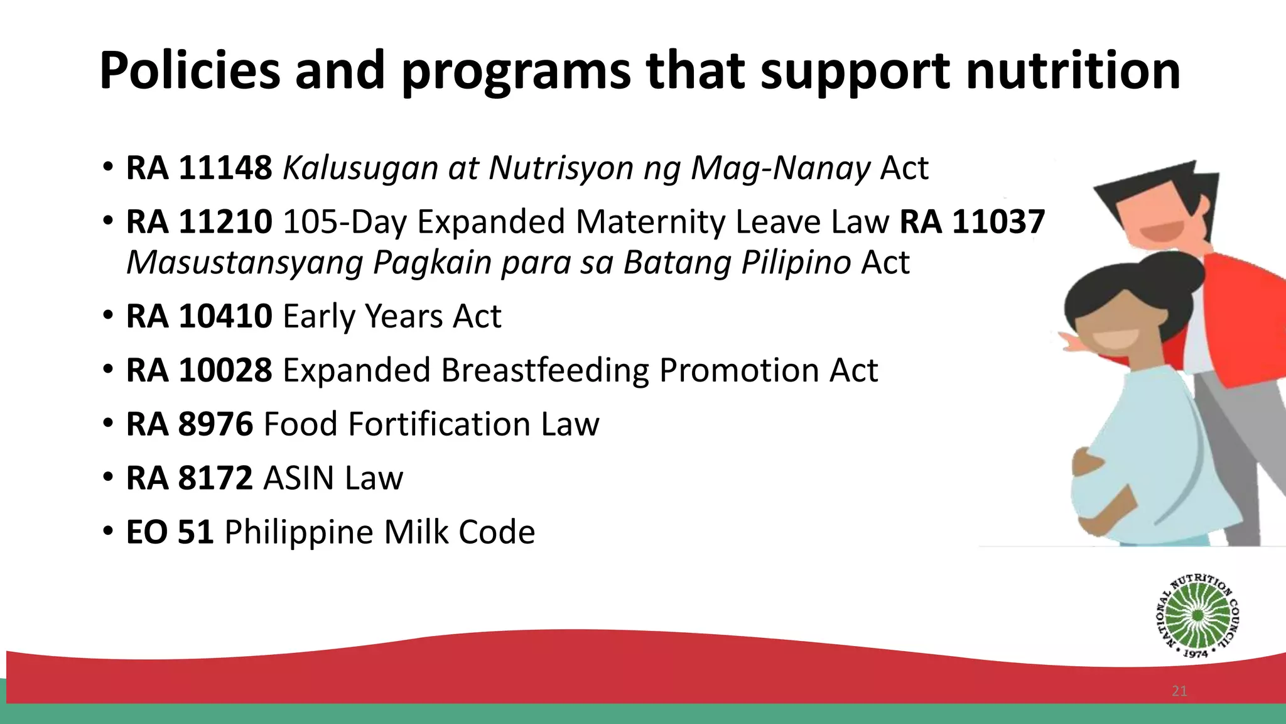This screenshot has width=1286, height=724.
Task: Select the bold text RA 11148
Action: pyautogui.click(x=199, y=168)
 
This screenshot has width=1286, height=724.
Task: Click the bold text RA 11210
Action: pyautogui.click(x=199, y=222)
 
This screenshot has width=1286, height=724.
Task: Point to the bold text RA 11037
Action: pyautogui.click(x=972, y=222)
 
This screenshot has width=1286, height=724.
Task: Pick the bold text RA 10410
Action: pyautogui.click(x=199, y=316)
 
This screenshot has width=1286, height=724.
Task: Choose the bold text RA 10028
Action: pyautogui.click(x=199, y=370)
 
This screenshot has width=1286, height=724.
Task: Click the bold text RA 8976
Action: pyautogui.click(x=190, y=424)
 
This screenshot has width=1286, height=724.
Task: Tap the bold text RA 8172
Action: pyautogui.click(x=190, y=478)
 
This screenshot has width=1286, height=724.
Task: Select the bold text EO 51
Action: pyautogui.click(x=170, y=532)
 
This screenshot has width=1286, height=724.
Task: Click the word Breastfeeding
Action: pyautogui.click(x=544, y=370)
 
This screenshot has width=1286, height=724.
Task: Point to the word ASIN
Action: pyautogui.click(x=298, y=478)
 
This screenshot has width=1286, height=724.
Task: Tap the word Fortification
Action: pyautogui.click(x=438, y=424)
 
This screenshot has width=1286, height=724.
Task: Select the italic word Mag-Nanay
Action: pyautogui.click(x=781, y=168)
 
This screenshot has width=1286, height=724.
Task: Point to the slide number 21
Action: pyautogui.click(x=1179, y=691)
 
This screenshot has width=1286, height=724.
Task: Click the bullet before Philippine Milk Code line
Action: pyautogui.click(x=108, y=532)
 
